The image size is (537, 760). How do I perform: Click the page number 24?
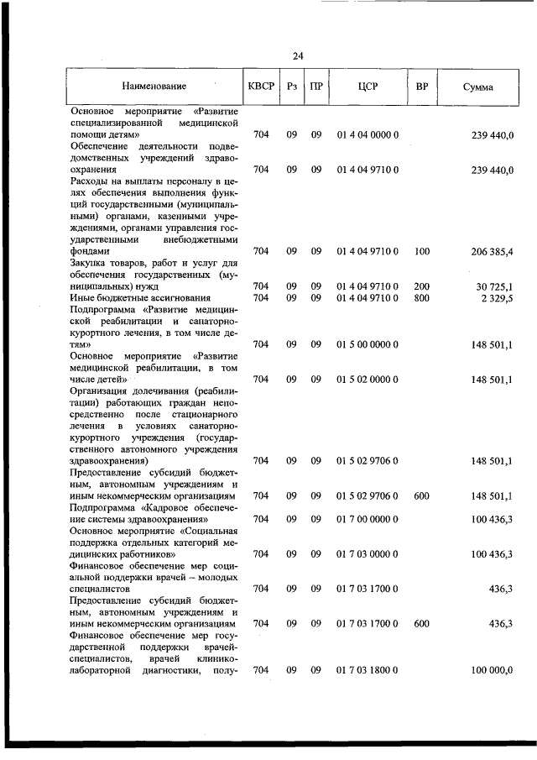point(298,56)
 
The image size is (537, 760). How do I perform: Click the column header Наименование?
point(154,86)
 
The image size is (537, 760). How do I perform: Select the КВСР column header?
point(261,86)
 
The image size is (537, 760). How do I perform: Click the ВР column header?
point(422,86)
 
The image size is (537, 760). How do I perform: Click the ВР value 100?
point(421,251)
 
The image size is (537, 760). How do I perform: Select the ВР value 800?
point(421,298)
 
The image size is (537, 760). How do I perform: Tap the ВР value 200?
point(421,286)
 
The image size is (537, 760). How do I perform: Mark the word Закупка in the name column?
point(89,263)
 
